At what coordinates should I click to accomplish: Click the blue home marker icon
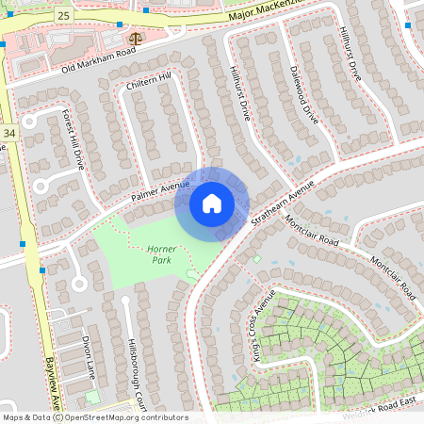212,203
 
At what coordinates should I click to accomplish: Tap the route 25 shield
63,17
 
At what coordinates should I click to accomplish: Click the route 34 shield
9,134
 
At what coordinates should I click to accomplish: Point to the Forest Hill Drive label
73,139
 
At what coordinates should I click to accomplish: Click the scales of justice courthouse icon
137,40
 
